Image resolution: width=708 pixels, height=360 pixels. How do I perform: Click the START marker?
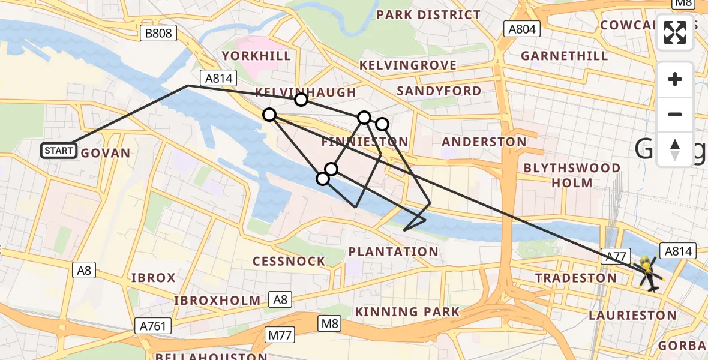point(59,150)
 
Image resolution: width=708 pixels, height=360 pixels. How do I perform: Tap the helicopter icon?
point(649,273)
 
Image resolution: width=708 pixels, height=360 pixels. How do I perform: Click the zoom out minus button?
point(675,114)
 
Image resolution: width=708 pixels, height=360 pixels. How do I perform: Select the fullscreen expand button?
point(675,32)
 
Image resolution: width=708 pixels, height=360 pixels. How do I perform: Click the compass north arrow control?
point(675,149)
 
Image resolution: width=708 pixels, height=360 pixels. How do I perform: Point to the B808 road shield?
point(159,33)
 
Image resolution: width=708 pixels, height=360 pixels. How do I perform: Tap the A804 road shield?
point(522,29)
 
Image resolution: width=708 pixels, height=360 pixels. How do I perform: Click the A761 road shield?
point(153,326)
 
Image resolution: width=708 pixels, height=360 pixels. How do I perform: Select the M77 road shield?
point(280,335)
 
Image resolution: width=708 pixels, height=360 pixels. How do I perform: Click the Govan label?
point(106,154)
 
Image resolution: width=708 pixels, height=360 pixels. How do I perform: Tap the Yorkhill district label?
point(256,56)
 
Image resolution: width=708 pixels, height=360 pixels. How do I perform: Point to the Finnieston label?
point(365,142)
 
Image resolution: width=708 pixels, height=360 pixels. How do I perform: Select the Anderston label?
point(484,142)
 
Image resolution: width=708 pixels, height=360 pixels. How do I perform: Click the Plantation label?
point(393,252)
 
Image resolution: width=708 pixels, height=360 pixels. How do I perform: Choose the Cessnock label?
point(289,262)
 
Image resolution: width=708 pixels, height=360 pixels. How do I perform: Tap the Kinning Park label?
point(407,312)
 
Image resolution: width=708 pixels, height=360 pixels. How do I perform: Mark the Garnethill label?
point(564,56)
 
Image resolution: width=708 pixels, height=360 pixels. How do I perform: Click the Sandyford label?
point(439,91)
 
